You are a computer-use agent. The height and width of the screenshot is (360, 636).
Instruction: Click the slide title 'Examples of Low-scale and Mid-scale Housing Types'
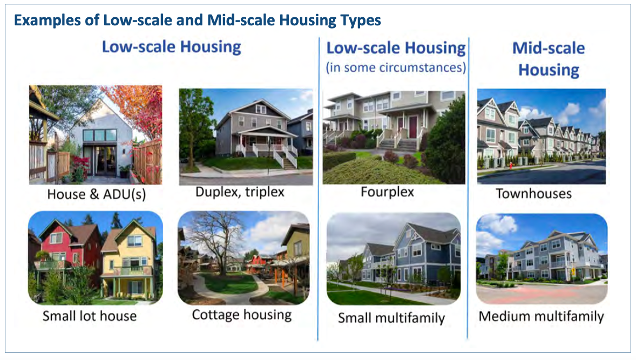click(198, 20)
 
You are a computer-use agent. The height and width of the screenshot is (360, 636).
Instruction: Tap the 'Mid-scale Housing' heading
click(549, 59)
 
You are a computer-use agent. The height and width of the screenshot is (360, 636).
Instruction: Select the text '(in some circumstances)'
click(396, 67)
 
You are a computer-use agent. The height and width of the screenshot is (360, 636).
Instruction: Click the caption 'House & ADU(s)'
click(97, 194)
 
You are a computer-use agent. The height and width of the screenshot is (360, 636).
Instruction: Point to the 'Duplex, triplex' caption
click(240, 192)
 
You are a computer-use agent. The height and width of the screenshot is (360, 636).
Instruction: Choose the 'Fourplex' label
click(387, 192)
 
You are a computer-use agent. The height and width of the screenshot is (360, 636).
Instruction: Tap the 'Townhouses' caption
click(533, 193)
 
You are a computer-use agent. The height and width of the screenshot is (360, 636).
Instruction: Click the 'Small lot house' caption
click(90, 316)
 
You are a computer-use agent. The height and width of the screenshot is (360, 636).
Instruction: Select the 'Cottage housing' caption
click(242, 315)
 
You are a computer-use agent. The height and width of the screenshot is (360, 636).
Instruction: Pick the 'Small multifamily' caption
click(391, 318)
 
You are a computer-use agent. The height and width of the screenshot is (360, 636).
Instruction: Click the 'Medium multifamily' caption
click(541, 316)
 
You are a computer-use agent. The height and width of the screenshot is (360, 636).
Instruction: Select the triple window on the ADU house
click(99, 135)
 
